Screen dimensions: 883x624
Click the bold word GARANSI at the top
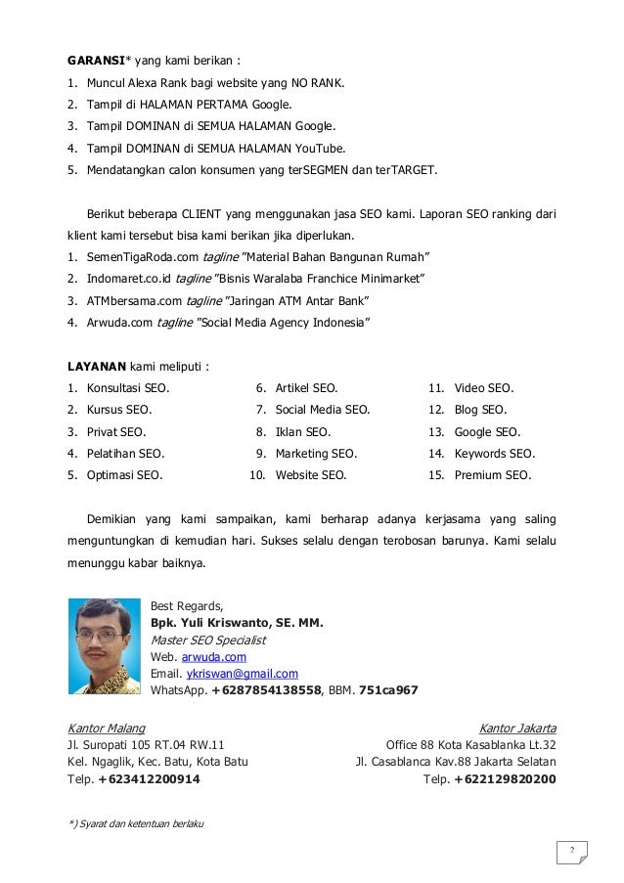(x=94, y=59)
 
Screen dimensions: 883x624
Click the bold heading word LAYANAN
(x=96, y=367)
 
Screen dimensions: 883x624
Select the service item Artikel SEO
(x=306, y=388)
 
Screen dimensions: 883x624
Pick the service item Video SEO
(x=484, y=388)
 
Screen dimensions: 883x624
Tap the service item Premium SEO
(x=493, y=476)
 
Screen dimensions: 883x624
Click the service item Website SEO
(x=311, y=476)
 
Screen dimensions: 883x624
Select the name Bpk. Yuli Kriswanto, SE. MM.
(x=237, y=623)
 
